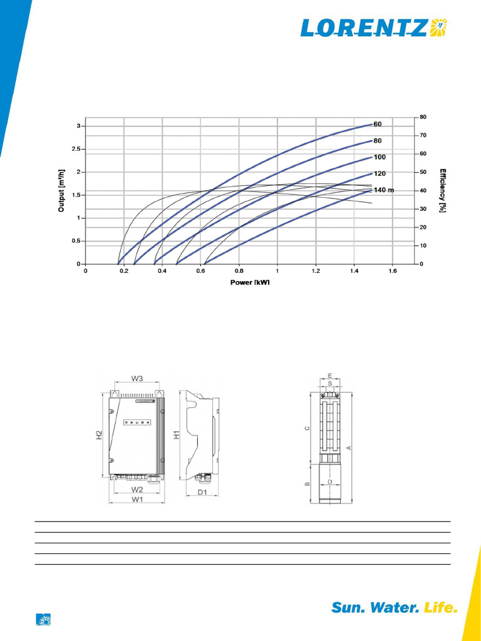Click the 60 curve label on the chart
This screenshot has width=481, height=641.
[378, 124]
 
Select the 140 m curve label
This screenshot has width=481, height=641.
[383, 190]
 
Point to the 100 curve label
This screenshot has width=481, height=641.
[380, 157]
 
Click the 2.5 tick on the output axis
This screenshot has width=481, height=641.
[76, 149]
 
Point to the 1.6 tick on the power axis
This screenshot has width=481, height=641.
[393, 272]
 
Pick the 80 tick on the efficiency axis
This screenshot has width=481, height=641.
[423, 117]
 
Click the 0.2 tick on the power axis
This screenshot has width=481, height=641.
[124, 272]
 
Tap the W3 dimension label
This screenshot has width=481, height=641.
[137, 378]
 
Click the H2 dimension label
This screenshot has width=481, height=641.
[99, 434]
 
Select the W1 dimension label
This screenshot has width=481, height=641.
[137, 500]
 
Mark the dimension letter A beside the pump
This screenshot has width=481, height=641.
[349, 447]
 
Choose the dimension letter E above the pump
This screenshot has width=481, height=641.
[329, 376]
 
